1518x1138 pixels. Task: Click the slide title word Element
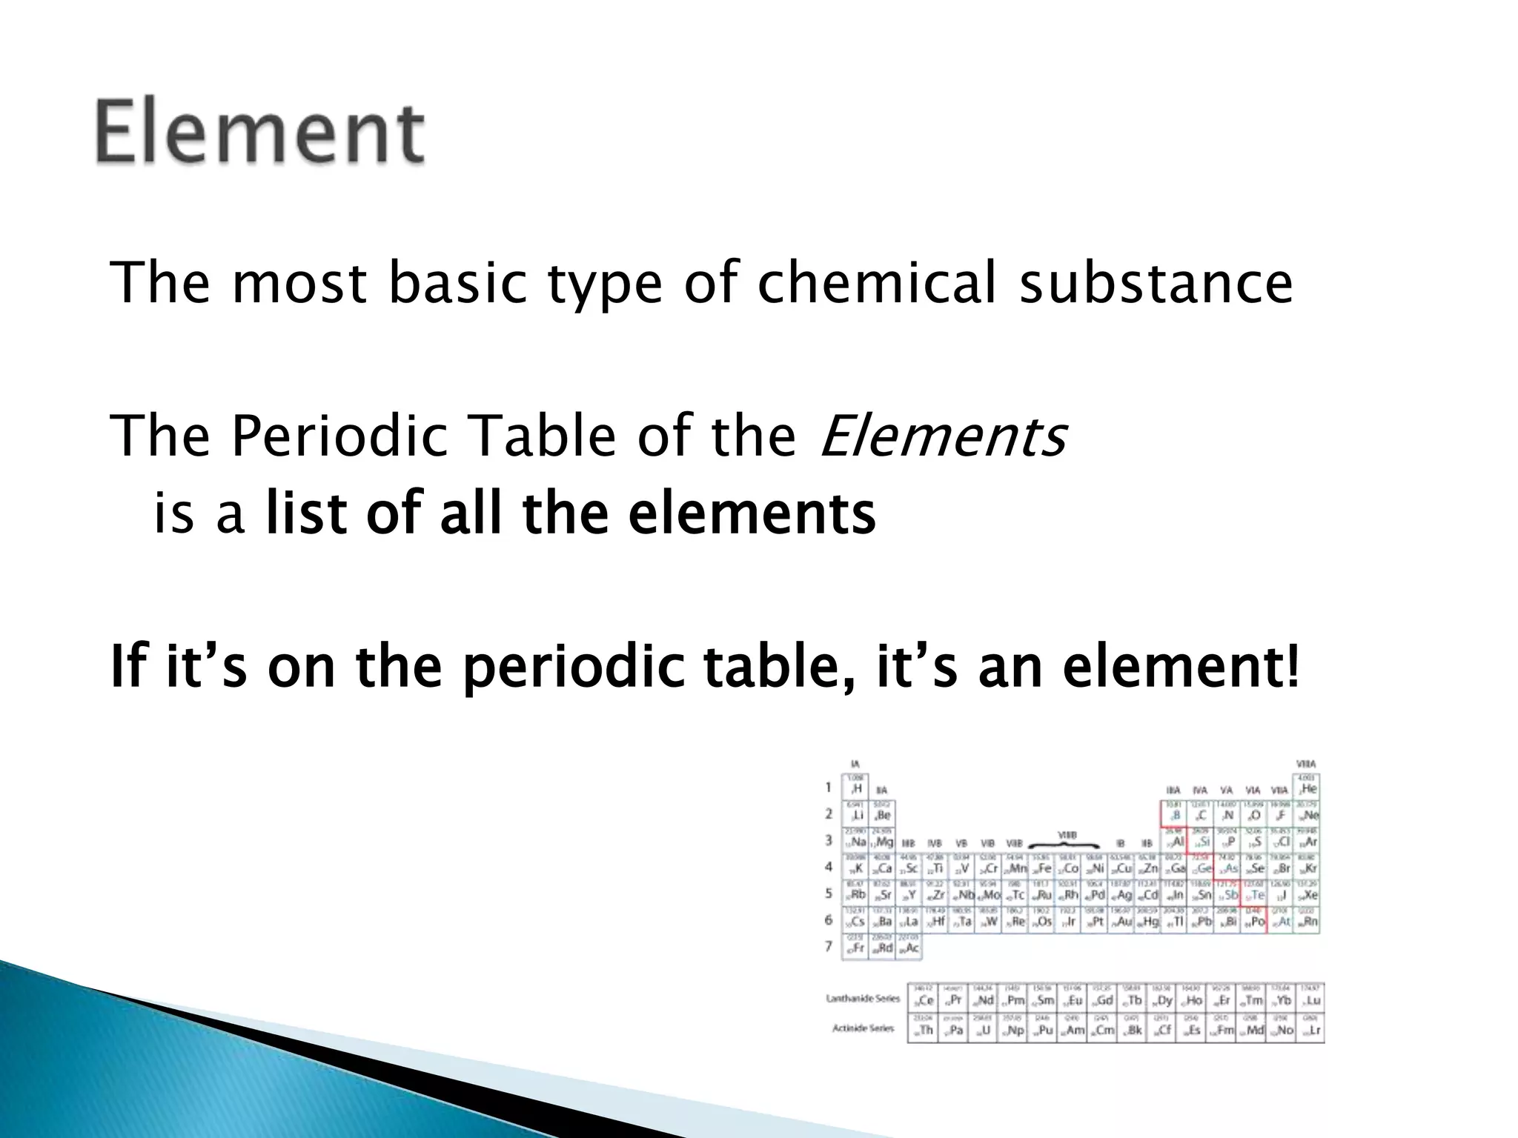click(x=259, y=132)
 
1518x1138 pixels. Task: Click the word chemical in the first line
click(x=877, y=283)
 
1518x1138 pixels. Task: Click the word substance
click(x=1156, y=283)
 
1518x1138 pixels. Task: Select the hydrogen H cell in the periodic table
click(x=855, y=787)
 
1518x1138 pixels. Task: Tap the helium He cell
click(x=1307, y=787)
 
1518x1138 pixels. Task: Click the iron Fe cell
click(x=1041, y=867)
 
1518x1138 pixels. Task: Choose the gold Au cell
click(x=1122, y=920)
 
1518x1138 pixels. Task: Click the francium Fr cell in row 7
click(x=855, y=947)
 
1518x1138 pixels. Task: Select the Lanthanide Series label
click(x=863, y=999)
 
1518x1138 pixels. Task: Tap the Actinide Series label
click(x=864, y=1028)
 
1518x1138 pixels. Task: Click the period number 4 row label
click(x=829, y=867)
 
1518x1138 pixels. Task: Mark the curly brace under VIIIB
click(x=1067, y=844)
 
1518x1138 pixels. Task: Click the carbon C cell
click(x=1201, y=814)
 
